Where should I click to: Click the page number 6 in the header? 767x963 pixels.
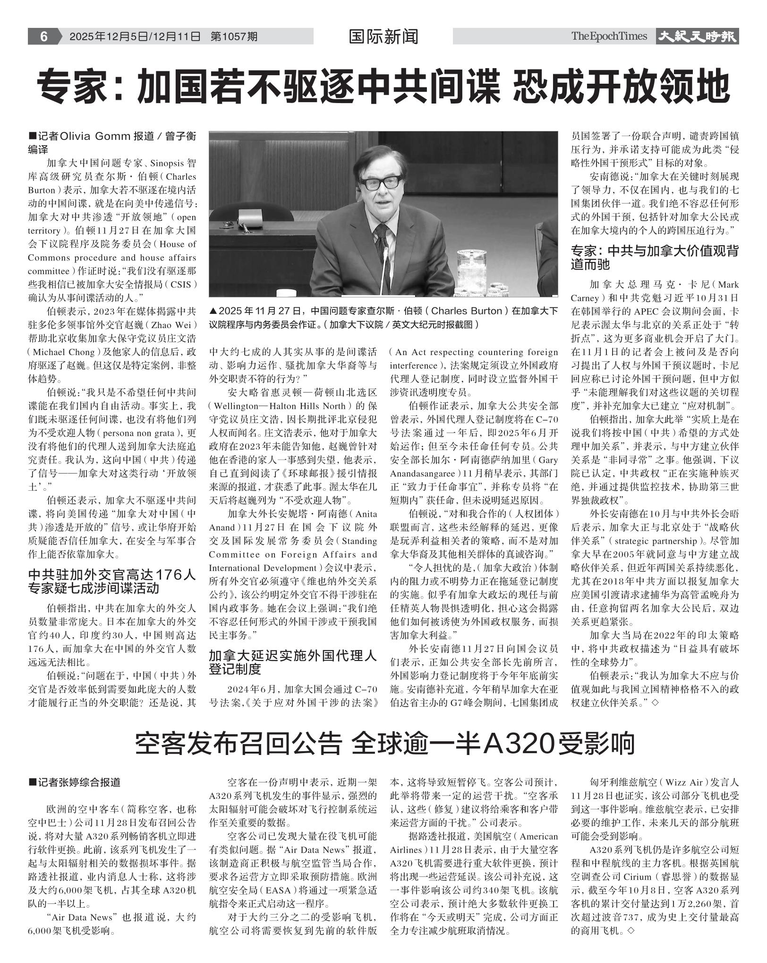coord(43,36)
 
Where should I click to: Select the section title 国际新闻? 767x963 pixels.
coord(383,36)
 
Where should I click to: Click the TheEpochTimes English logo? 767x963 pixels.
coord(609,36)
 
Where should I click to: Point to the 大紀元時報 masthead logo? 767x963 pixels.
coord(697,36)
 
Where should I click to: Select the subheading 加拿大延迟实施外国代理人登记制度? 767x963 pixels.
coord(293,662)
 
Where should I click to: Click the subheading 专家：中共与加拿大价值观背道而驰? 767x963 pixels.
coord(655,257)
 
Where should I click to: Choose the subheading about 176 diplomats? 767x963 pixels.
coord(112,581)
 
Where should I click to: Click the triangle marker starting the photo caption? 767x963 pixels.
coord(213,312)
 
